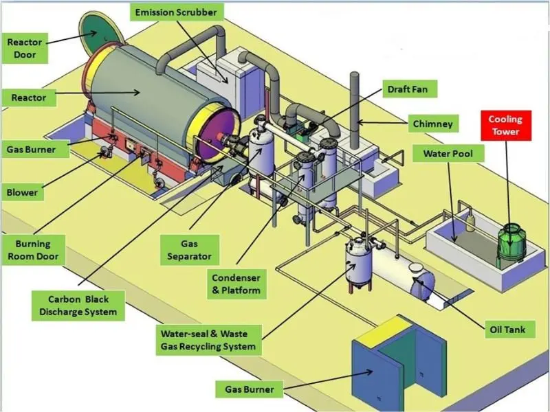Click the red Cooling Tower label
tap(505, 126)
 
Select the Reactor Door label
tap(25, 48)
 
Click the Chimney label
tap(432, 124)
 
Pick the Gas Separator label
tap(189, 250)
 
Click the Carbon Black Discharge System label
tap(78, 306)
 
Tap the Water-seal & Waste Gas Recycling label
tap(208, 340)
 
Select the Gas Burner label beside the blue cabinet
tap(250, 389)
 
